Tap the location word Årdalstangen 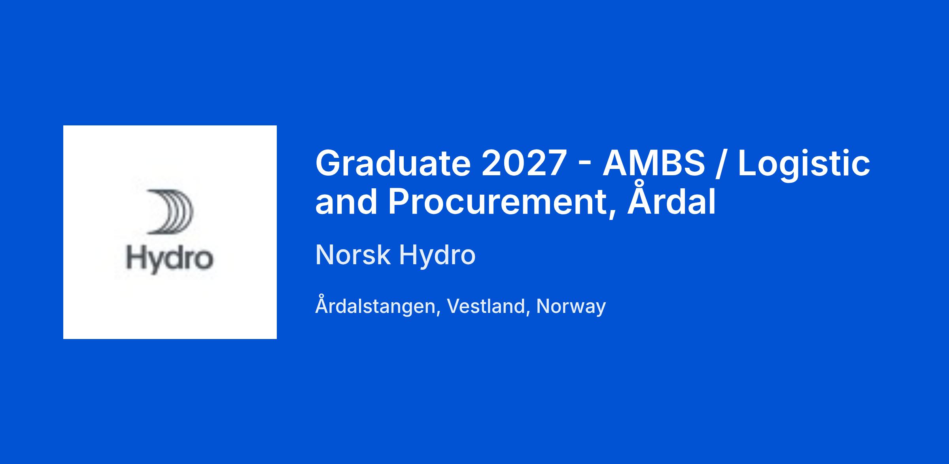[x=377, y=304]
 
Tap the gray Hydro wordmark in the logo [x=170, y=259]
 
